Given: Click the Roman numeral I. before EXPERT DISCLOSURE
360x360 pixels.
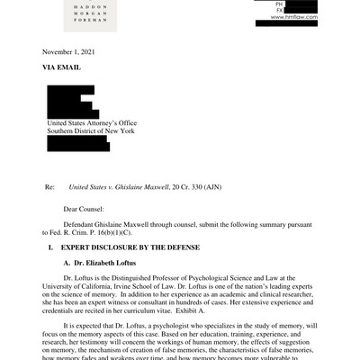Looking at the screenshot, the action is click(x=37, y=246).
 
